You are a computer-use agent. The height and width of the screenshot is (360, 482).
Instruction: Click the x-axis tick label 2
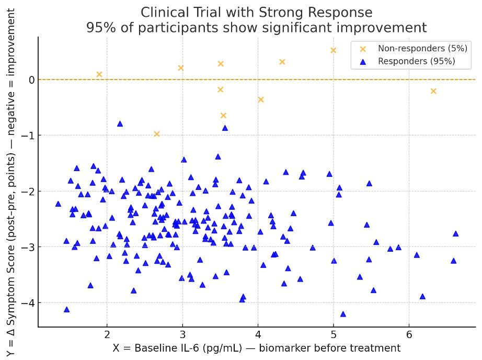point(107,334)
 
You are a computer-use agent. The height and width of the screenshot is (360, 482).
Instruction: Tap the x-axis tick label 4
point(258,334)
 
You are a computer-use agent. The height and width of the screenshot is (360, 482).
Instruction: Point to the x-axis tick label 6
point(409,334)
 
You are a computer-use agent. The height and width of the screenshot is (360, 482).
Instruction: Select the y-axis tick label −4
point(27,302)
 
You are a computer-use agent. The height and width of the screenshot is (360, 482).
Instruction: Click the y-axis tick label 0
point(31,80)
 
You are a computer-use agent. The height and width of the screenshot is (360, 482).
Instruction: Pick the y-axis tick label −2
point(27,191)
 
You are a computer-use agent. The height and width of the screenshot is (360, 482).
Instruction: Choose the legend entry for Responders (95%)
point(416,61)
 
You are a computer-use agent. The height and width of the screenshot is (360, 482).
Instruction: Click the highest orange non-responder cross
point(333,50)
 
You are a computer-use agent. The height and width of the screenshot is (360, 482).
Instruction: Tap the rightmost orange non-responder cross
point(433,91)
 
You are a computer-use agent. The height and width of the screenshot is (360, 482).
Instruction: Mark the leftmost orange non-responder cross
point(99,74)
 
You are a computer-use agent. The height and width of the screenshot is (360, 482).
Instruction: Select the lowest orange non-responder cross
point(156,134)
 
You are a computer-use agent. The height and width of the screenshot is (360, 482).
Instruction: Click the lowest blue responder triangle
point(343,314)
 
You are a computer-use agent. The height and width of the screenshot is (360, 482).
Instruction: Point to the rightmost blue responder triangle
point(455,233)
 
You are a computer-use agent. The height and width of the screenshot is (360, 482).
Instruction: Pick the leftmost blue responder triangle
point(58,204)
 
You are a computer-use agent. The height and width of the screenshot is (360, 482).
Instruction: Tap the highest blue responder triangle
point(120,124)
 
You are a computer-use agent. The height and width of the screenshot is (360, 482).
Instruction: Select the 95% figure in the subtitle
point(99,28)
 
